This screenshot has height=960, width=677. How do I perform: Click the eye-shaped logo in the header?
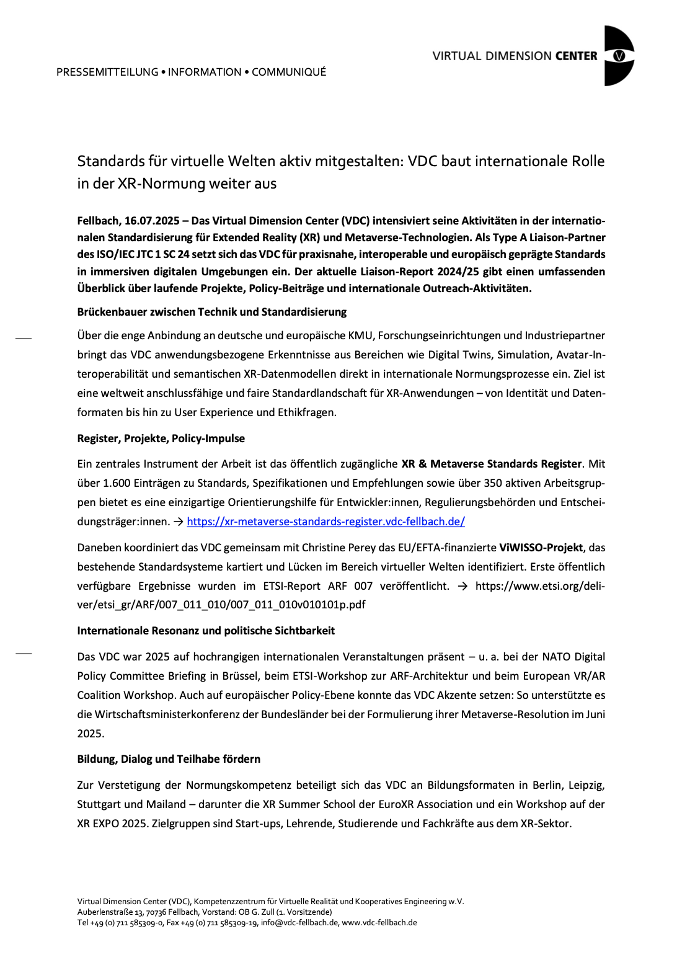[x=619, y=56]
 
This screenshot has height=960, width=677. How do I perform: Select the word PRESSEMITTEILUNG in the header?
[x=107, y=72]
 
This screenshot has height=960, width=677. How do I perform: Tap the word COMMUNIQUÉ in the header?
[x=289, y=72]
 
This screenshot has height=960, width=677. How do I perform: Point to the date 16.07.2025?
[x=151, y=221]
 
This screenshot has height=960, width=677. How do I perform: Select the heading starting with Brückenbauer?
[x=211, y=312]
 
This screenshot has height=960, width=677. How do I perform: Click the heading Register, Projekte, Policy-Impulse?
[x=161, y=438]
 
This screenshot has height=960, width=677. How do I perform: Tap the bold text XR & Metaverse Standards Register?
[x=491, y=464]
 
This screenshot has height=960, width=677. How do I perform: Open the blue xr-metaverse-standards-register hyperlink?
[x=325, y=522]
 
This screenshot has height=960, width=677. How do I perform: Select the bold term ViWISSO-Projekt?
[x=541, y=548]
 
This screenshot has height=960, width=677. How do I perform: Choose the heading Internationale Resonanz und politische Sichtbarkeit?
[x=206, y=631]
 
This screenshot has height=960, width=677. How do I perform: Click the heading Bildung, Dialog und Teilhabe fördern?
[x=169, y=759]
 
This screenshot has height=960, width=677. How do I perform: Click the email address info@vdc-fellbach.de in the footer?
[x=299, y=923]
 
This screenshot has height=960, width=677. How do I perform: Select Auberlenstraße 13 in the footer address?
[x=110, y=912]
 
